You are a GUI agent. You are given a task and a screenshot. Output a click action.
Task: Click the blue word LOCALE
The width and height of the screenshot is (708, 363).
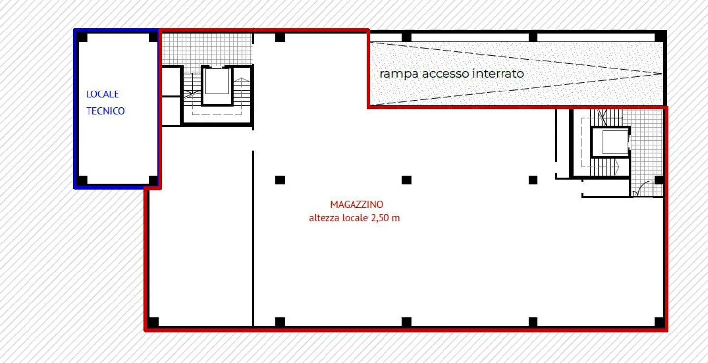[x=102, y=94]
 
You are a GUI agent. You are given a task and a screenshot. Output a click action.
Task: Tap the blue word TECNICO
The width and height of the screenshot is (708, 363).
[x=105, y=111]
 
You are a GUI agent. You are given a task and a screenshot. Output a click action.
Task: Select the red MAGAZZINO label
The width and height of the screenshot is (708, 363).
[x=356, y=204]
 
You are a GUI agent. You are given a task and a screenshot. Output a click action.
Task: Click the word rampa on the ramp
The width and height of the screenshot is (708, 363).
[x=399, y=74]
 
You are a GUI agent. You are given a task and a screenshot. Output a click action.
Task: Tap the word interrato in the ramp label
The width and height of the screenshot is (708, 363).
[x=498, y=74]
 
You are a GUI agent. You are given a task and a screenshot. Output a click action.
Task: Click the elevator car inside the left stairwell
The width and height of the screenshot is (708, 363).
[x=217, y=83]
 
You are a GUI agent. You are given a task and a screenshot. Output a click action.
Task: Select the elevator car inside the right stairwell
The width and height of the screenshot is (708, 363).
[x=610, y=142]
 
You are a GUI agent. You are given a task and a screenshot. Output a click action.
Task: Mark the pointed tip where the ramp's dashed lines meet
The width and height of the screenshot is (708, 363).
[x=661, y=74]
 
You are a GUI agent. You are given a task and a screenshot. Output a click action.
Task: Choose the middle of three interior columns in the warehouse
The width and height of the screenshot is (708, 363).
[x=406, y=180]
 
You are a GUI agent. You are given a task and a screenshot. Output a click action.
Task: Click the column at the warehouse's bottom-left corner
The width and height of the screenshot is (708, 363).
[x=153, y=322]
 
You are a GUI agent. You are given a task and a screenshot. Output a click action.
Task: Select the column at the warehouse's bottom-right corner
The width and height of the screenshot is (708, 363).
[x=659, y=322]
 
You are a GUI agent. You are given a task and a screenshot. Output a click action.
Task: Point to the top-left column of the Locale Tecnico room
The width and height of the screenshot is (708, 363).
[x=82, y=37]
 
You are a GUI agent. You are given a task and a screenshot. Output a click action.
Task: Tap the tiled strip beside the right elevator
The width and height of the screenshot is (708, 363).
[x=646, y=143]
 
